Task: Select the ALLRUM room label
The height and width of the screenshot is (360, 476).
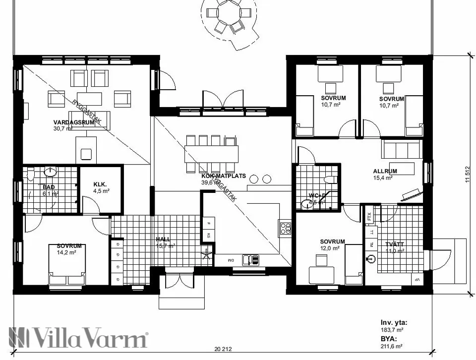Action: [x=385, y=171]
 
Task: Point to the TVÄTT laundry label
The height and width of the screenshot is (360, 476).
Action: [x=395, y=243]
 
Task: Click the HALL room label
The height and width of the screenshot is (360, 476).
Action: [x=163, y=239]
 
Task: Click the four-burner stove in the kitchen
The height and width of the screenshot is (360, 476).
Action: [x=286, y=229]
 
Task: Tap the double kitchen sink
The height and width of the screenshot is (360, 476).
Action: [x=250, y=259]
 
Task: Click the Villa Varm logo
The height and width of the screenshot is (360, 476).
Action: [x=79, y=339]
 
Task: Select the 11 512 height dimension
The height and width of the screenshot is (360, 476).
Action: [x=467, y=175]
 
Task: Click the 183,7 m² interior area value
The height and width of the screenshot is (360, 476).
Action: [x=392, y=329]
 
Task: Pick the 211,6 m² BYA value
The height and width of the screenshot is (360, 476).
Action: [x=392, y=346]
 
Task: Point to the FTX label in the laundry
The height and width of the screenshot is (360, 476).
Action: [x=369, y=217]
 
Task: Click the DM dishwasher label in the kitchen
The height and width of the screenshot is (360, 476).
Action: [x=231, y=260]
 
